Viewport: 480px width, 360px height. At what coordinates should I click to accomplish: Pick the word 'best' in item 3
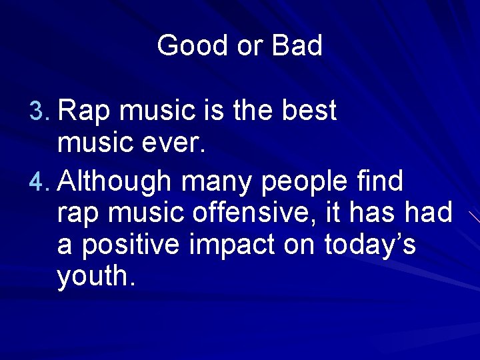click(x=309, y=111)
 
